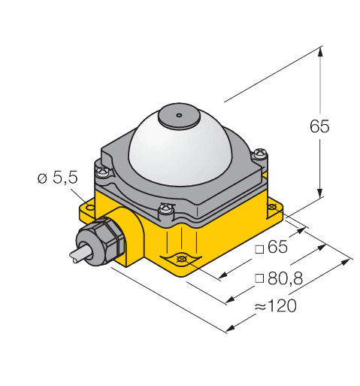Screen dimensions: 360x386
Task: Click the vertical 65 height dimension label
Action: point(319,126)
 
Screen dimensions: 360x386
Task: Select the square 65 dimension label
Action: point(271,247)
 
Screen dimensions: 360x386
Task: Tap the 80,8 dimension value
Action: point(285,278)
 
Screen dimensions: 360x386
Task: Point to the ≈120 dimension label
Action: point(276,305)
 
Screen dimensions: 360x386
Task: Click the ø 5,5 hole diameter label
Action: point(58,178)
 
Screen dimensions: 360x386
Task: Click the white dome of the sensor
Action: point(180,156)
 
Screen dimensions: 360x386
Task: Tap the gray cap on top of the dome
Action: point(178,116)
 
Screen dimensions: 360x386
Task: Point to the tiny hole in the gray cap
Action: point(179,115)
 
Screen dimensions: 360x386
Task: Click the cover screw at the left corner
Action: point(103,172)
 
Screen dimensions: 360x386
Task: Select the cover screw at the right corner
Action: point(260,153)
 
